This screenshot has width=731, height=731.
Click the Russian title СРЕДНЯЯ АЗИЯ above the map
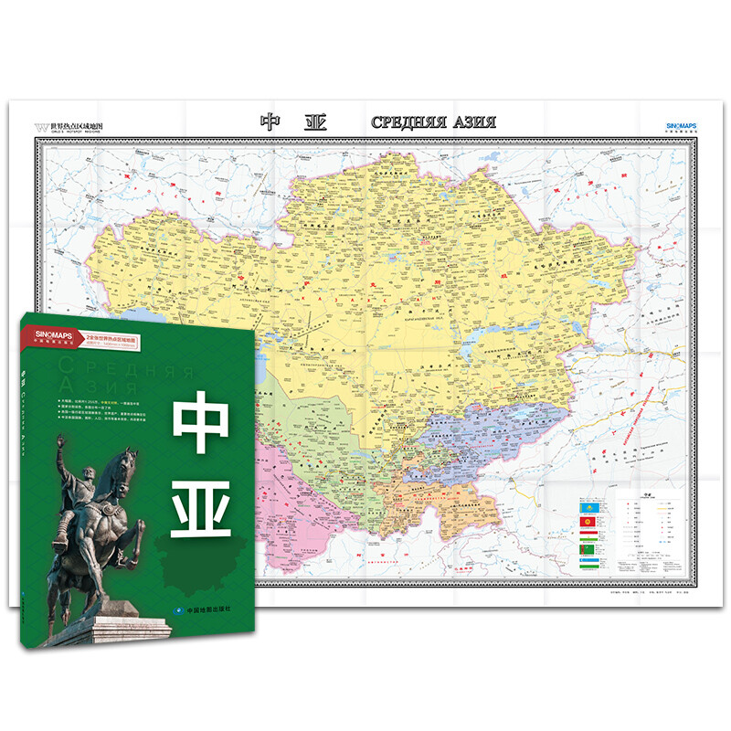pos(433,122)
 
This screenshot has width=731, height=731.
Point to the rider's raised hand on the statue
pos(61,441)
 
